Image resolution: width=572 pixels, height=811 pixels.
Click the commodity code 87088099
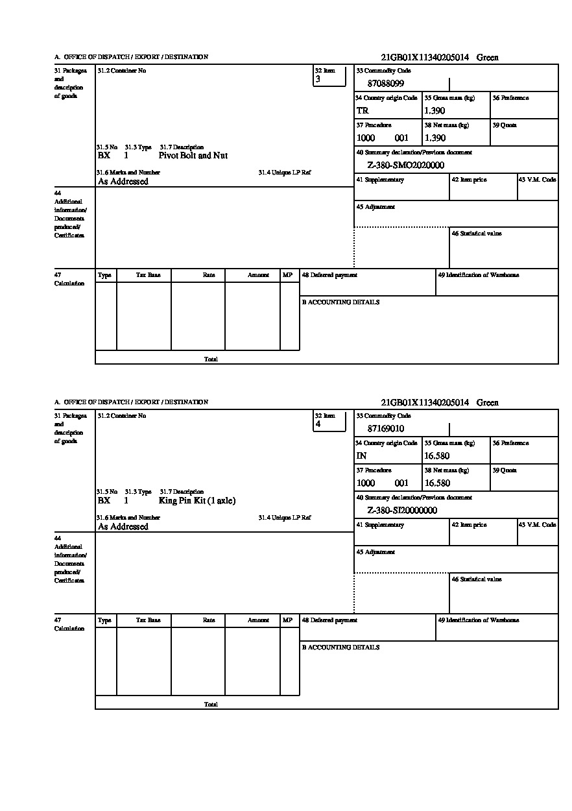(386, 84)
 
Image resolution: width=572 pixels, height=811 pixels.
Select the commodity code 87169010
(386, 429)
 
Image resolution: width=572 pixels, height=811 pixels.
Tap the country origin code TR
(363, 111)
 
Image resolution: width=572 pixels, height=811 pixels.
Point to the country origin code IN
(362, 456)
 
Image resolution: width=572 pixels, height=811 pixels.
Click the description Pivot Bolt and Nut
(193, 156)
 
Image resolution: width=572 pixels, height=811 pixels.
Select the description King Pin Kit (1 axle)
(197, 501)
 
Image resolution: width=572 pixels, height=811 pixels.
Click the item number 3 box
(329, 76)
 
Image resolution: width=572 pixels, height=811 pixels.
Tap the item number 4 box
(329, 421)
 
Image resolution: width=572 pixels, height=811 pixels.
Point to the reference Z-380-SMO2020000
(406, 165)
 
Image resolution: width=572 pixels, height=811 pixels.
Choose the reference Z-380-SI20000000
(402, 511)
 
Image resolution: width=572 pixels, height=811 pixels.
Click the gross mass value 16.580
(436, 456)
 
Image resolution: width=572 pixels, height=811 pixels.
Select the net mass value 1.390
(435, 138)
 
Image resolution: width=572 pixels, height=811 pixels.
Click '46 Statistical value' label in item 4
(477, 579)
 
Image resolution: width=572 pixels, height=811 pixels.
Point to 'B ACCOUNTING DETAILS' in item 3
(340, 302)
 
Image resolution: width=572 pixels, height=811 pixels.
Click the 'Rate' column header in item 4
(208, 620)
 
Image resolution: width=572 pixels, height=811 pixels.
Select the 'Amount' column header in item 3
(258, 275)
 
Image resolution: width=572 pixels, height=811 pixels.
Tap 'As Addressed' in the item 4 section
(123, 527)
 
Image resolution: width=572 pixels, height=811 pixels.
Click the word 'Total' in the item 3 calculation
(211, 359)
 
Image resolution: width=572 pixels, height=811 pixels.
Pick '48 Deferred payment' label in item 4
(329, 620)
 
